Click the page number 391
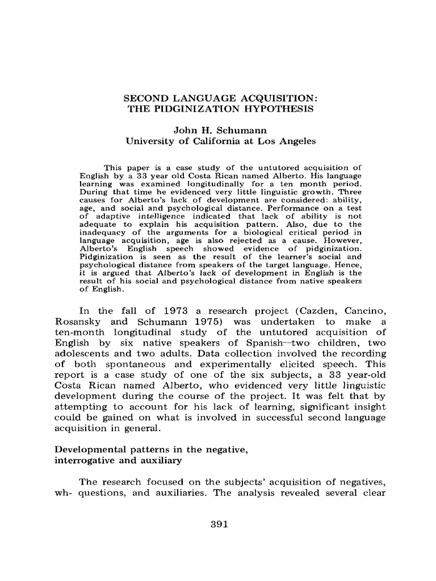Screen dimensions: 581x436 (219, 524)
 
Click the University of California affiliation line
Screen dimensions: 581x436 (220, 141)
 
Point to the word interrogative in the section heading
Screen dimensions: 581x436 (83, 460)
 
